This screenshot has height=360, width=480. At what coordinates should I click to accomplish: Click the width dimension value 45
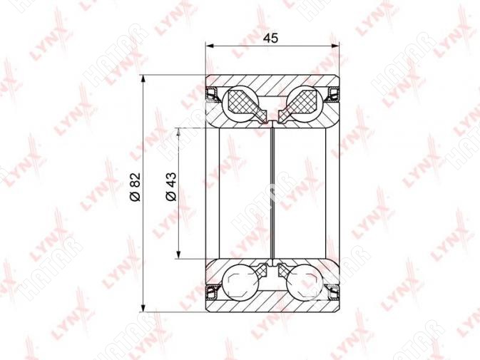click(x=271, y=38)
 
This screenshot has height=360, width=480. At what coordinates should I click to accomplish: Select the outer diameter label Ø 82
click(x=136, y=187)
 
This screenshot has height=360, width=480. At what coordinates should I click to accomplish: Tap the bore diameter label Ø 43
click(x=171, y=187)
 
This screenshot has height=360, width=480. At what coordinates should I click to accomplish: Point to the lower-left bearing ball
click(x=240, y=282)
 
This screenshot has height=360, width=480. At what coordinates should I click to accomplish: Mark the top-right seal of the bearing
click(x=332, y=94)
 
